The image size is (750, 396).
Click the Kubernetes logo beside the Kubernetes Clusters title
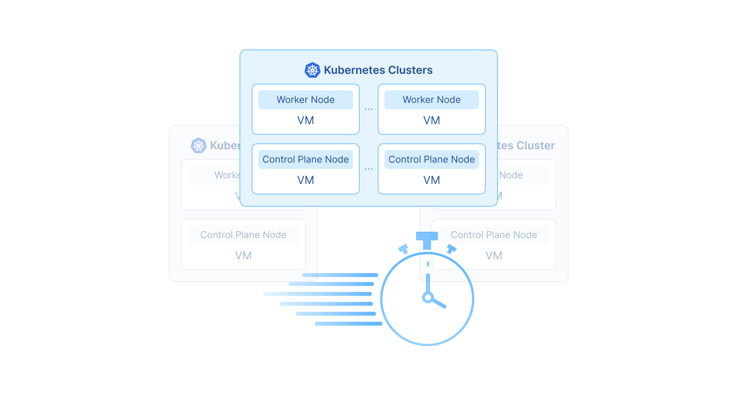[312, 70]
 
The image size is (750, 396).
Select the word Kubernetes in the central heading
[355, 70]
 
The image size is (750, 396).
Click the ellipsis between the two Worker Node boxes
[368, 109]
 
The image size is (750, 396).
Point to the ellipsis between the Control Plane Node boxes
[368, 169]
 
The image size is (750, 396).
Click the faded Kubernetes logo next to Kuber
[199, 146]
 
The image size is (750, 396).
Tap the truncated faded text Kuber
[225, 146]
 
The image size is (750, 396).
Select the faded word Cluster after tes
[536, 146]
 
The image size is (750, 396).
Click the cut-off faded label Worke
[227, 175]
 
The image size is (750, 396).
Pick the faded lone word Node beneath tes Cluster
[511, 175]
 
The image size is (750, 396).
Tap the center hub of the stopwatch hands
[428, 297]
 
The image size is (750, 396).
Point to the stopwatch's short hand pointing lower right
[439, 303]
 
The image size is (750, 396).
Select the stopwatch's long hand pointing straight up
[428, 283]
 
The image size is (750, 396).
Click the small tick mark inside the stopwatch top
[428, 264]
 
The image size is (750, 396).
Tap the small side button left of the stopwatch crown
[403, 249]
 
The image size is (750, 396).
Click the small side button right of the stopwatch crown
[452, 249]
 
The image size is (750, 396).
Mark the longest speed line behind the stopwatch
[317, 294]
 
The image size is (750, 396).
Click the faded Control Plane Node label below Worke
[243, 235]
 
